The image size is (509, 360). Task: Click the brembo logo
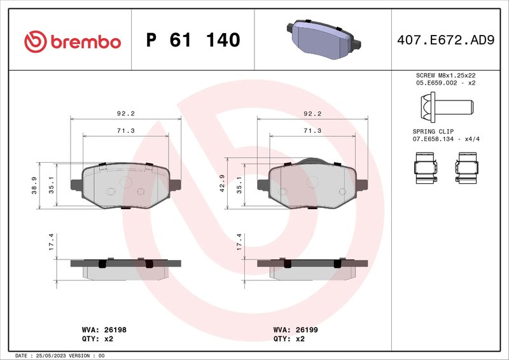tap(72, 41)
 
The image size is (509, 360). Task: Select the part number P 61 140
tap(193, 41)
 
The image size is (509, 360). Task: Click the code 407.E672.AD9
tap(445, 41)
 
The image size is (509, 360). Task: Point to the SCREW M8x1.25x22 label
tap(445, 75)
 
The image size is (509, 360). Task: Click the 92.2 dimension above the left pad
tap(125, 114)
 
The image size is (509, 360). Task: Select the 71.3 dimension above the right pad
tap(312, 130)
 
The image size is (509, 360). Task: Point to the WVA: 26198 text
tap(105, 330)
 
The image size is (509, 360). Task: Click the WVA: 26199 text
tap(296, 330)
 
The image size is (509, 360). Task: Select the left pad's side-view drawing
tap(126, 268)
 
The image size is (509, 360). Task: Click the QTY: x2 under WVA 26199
tap(289, 339)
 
